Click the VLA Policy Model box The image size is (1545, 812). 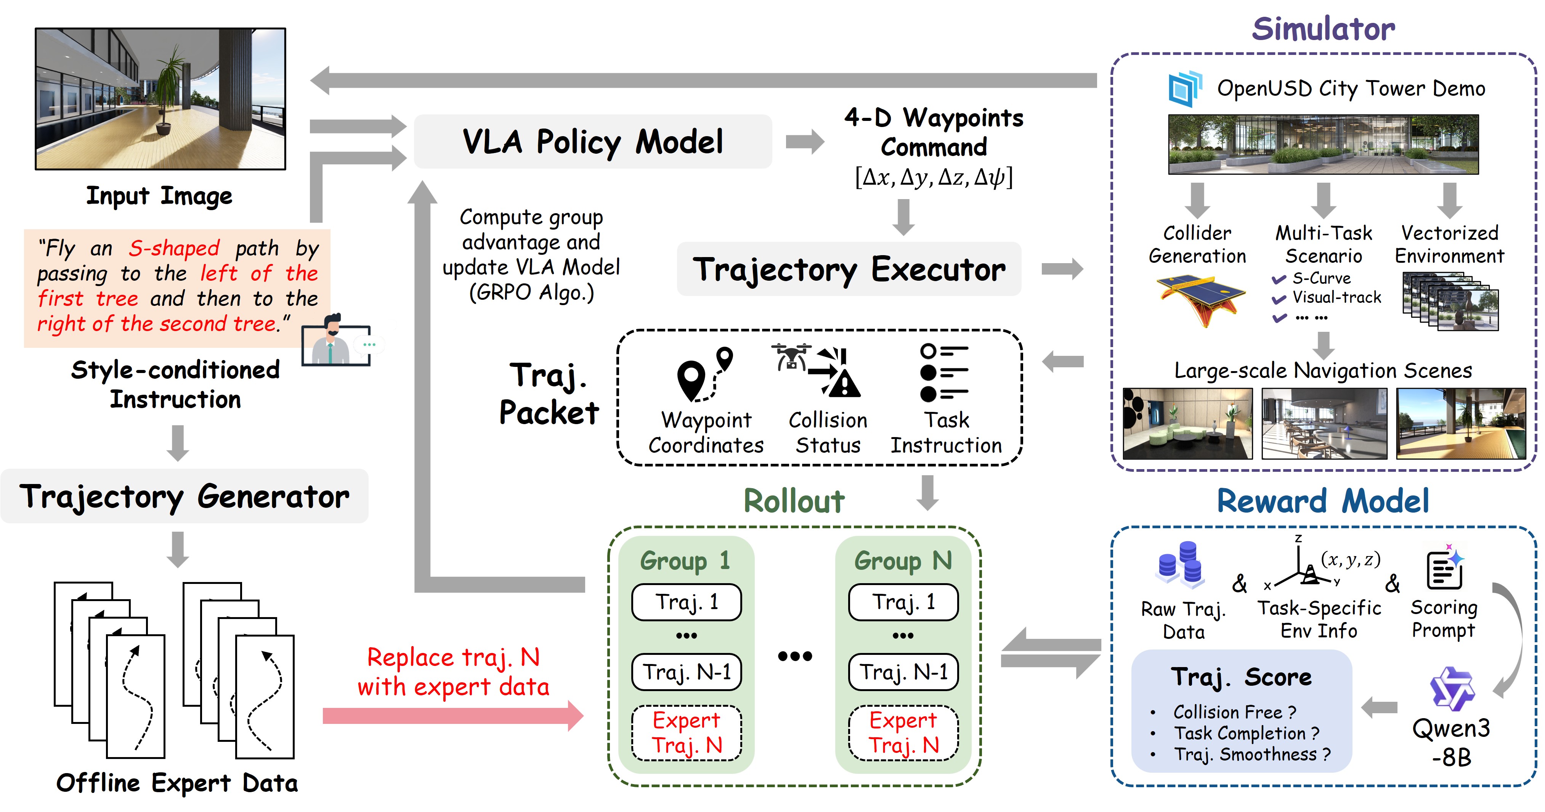tap(592, 141)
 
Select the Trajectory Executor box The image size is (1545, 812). tap(849, 269)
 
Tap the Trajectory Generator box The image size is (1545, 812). tap(184, 496)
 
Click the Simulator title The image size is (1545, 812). tap(1323, 29)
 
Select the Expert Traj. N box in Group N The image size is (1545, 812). tap(903, 733)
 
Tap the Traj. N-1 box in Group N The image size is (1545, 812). tap(903, 672)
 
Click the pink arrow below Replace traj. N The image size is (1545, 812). tap(453, 716)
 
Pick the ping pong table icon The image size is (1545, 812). tap(1200, 298)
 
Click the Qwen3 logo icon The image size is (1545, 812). tap(1452, 688)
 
